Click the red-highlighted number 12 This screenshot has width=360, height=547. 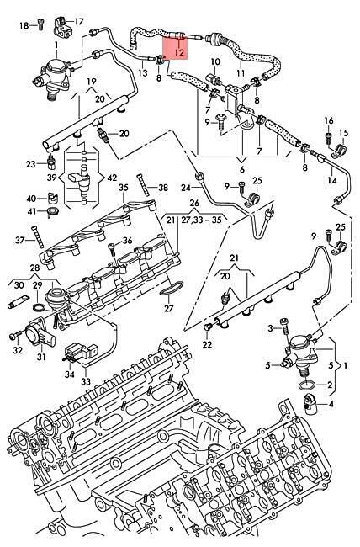179,53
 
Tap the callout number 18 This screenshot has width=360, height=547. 24,25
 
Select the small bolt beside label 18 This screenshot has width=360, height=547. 40,24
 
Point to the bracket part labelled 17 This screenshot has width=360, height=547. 61,26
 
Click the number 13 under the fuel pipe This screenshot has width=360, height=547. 143,73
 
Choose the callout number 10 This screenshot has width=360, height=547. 215,61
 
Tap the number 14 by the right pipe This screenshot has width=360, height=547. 332,180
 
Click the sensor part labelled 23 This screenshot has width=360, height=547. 51,161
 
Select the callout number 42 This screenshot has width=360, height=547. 112,178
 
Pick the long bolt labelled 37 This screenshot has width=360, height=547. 36,237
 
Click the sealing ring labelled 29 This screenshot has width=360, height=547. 39,307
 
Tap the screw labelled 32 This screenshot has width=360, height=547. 14,336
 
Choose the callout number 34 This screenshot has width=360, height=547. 70,374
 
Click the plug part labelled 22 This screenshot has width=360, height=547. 209,327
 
